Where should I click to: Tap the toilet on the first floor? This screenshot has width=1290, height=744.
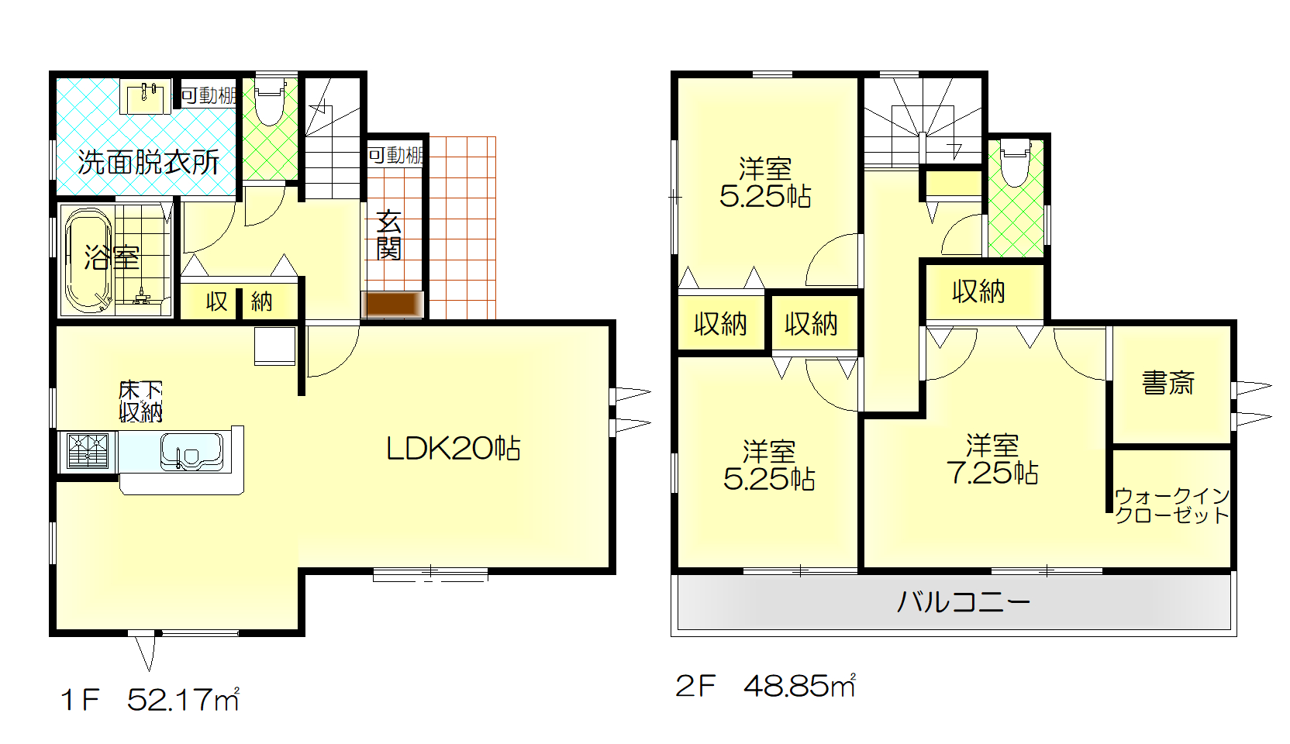[x=270, y=100]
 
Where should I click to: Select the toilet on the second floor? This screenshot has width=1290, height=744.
[x=1016, y=162]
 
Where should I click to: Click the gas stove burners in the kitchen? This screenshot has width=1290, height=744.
[x=88, y=450]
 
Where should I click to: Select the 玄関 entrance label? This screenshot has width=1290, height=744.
[x=389, y=235]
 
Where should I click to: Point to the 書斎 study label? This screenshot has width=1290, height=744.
[x=1168, y=382]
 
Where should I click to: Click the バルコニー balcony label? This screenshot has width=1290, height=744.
[x=963, y=602]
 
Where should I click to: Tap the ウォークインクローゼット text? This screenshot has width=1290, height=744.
[x=1172, y=505]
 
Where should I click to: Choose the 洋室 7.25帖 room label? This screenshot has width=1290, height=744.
[x=992, y=459]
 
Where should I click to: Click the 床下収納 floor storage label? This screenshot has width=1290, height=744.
[x=141, y=401]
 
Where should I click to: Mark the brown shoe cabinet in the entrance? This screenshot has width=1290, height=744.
[x=393, y=304]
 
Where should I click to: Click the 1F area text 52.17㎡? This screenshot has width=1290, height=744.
[x=183, y=700]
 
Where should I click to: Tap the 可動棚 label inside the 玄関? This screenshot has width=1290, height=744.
[x=396, y=155]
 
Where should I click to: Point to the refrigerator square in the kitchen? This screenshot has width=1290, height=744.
[x=275, y=346]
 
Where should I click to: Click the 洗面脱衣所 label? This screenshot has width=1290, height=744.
[x=149, y=163]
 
